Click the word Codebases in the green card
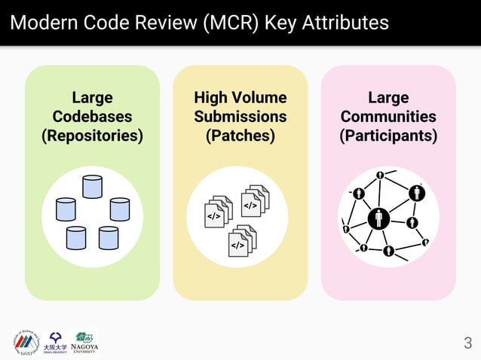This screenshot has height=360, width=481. [x=92, y=117]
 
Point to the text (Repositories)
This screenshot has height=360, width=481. [x=92, y=136]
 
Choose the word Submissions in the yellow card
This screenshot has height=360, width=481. [x=240, y=117]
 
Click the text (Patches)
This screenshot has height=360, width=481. [x=240, y=136]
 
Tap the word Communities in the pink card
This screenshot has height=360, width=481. [x=388, y=117]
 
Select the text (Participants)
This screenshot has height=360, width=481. [x=388, y=136]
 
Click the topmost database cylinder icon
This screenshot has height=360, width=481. [x=92, y=187]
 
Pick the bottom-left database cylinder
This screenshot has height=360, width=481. [x=76, y=237]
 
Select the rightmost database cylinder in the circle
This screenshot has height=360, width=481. [x=120, y=209]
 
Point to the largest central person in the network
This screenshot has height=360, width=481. [x=378, y=218]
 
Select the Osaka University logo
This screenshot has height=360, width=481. [x=55, y=342]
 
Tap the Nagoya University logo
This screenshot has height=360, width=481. [x=84, y=342]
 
